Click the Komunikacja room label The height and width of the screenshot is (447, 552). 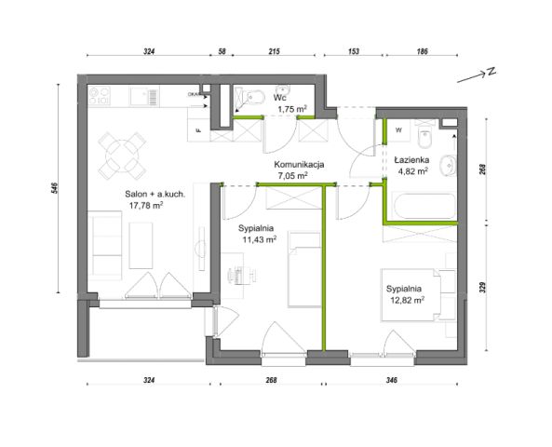coord(299,165)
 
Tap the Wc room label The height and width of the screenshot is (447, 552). coord(280,98)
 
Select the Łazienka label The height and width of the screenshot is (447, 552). coord(411,160)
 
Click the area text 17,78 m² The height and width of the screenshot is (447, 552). coord(146,205)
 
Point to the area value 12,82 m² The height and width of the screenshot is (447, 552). coord(407,300)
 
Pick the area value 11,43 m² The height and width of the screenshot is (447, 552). coord(260,239)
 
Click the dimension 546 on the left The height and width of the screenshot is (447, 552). coord(53,188)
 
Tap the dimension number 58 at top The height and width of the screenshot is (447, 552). coord(222,51)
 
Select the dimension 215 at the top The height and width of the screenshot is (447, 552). coord(275,51)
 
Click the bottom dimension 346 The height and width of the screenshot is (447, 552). coord(392,380)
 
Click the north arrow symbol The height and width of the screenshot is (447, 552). coord(477,75)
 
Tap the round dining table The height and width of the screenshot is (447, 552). coord(122,156)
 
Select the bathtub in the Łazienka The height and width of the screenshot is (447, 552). coord(424,206)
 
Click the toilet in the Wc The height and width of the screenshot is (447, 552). coord(256,97)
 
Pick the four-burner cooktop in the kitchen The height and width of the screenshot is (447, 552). coord(100,96)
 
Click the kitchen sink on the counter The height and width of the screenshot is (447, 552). coord(144,96)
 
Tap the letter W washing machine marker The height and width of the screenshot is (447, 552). coord(398,130)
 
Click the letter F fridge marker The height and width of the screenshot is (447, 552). coord(198,130)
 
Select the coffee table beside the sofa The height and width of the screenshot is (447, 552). coord(141,245)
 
